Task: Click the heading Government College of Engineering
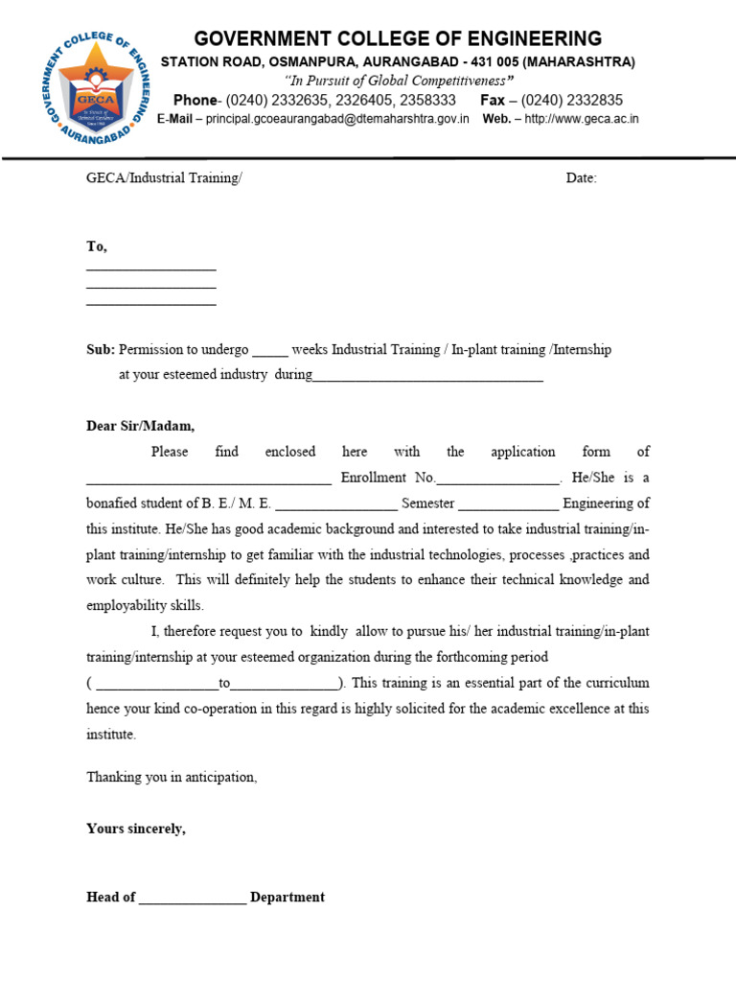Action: pos(398,38)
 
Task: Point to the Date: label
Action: pos(581,178)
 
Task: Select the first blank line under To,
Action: pos(151,270)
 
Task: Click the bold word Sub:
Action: pos(101,350)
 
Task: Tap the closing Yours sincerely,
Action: pos(136,829)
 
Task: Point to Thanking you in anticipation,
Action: pos(172,777)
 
